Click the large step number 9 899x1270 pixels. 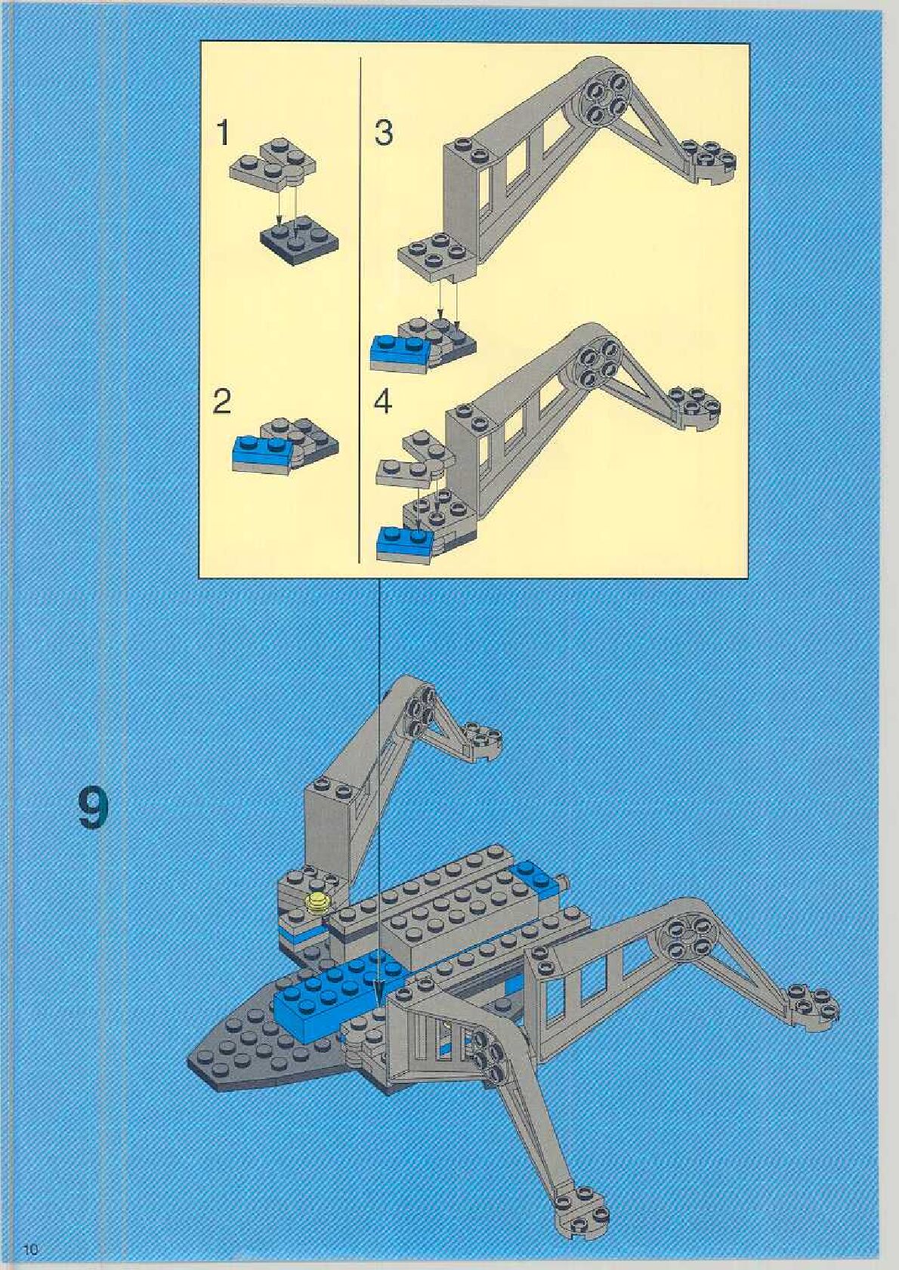93,809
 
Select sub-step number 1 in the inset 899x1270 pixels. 222,133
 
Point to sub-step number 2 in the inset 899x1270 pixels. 221,401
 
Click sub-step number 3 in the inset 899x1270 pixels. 384,133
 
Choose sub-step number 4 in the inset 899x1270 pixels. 383,402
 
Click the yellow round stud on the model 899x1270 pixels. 318,902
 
